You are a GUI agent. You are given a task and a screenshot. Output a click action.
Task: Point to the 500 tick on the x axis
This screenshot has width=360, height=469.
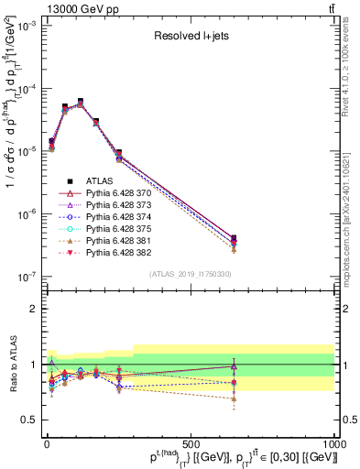[x=191, y=442]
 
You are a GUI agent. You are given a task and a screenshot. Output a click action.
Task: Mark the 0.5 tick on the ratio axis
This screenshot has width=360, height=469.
[x=27, y=420]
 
